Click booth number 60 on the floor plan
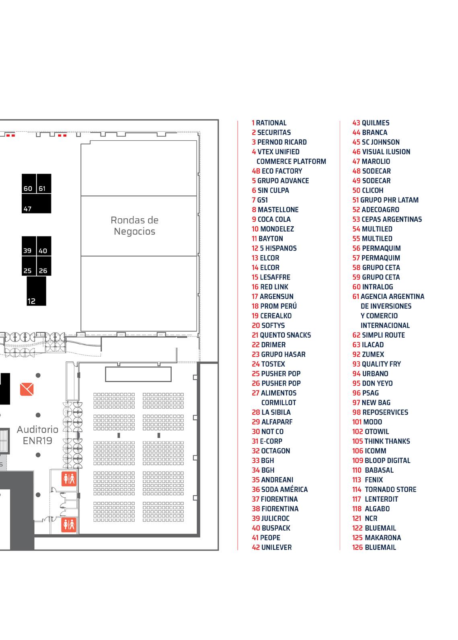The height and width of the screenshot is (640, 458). pos(29,183)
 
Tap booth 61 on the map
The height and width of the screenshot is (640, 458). pos(44,183)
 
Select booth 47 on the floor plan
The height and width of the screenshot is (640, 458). pos(37,203)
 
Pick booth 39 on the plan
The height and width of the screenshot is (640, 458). pos(29,246)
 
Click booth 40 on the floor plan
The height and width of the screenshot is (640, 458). pos(44,246)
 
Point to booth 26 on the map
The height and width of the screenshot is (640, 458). pos(44,266)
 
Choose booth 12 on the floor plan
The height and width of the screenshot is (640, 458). pos(36,291)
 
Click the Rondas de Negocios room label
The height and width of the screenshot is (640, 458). pos(135,226)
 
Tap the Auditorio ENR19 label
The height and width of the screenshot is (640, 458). pos(37,435)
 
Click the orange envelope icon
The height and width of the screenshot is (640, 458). pos(27,389)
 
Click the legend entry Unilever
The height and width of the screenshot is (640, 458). pos(272,548)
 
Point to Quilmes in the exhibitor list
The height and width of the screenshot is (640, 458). pos(371,123)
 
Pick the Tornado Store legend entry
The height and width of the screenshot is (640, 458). pos(384,489)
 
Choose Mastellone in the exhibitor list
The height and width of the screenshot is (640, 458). pos(275,210)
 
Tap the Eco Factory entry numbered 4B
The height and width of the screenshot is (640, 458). pos(277,171)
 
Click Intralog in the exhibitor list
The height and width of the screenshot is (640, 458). pos(373,287)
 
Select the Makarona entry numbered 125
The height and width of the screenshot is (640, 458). pos(376,538)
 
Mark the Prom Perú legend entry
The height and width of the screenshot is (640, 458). pos(274,306)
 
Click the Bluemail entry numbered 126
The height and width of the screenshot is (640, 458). pos(374,548)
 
